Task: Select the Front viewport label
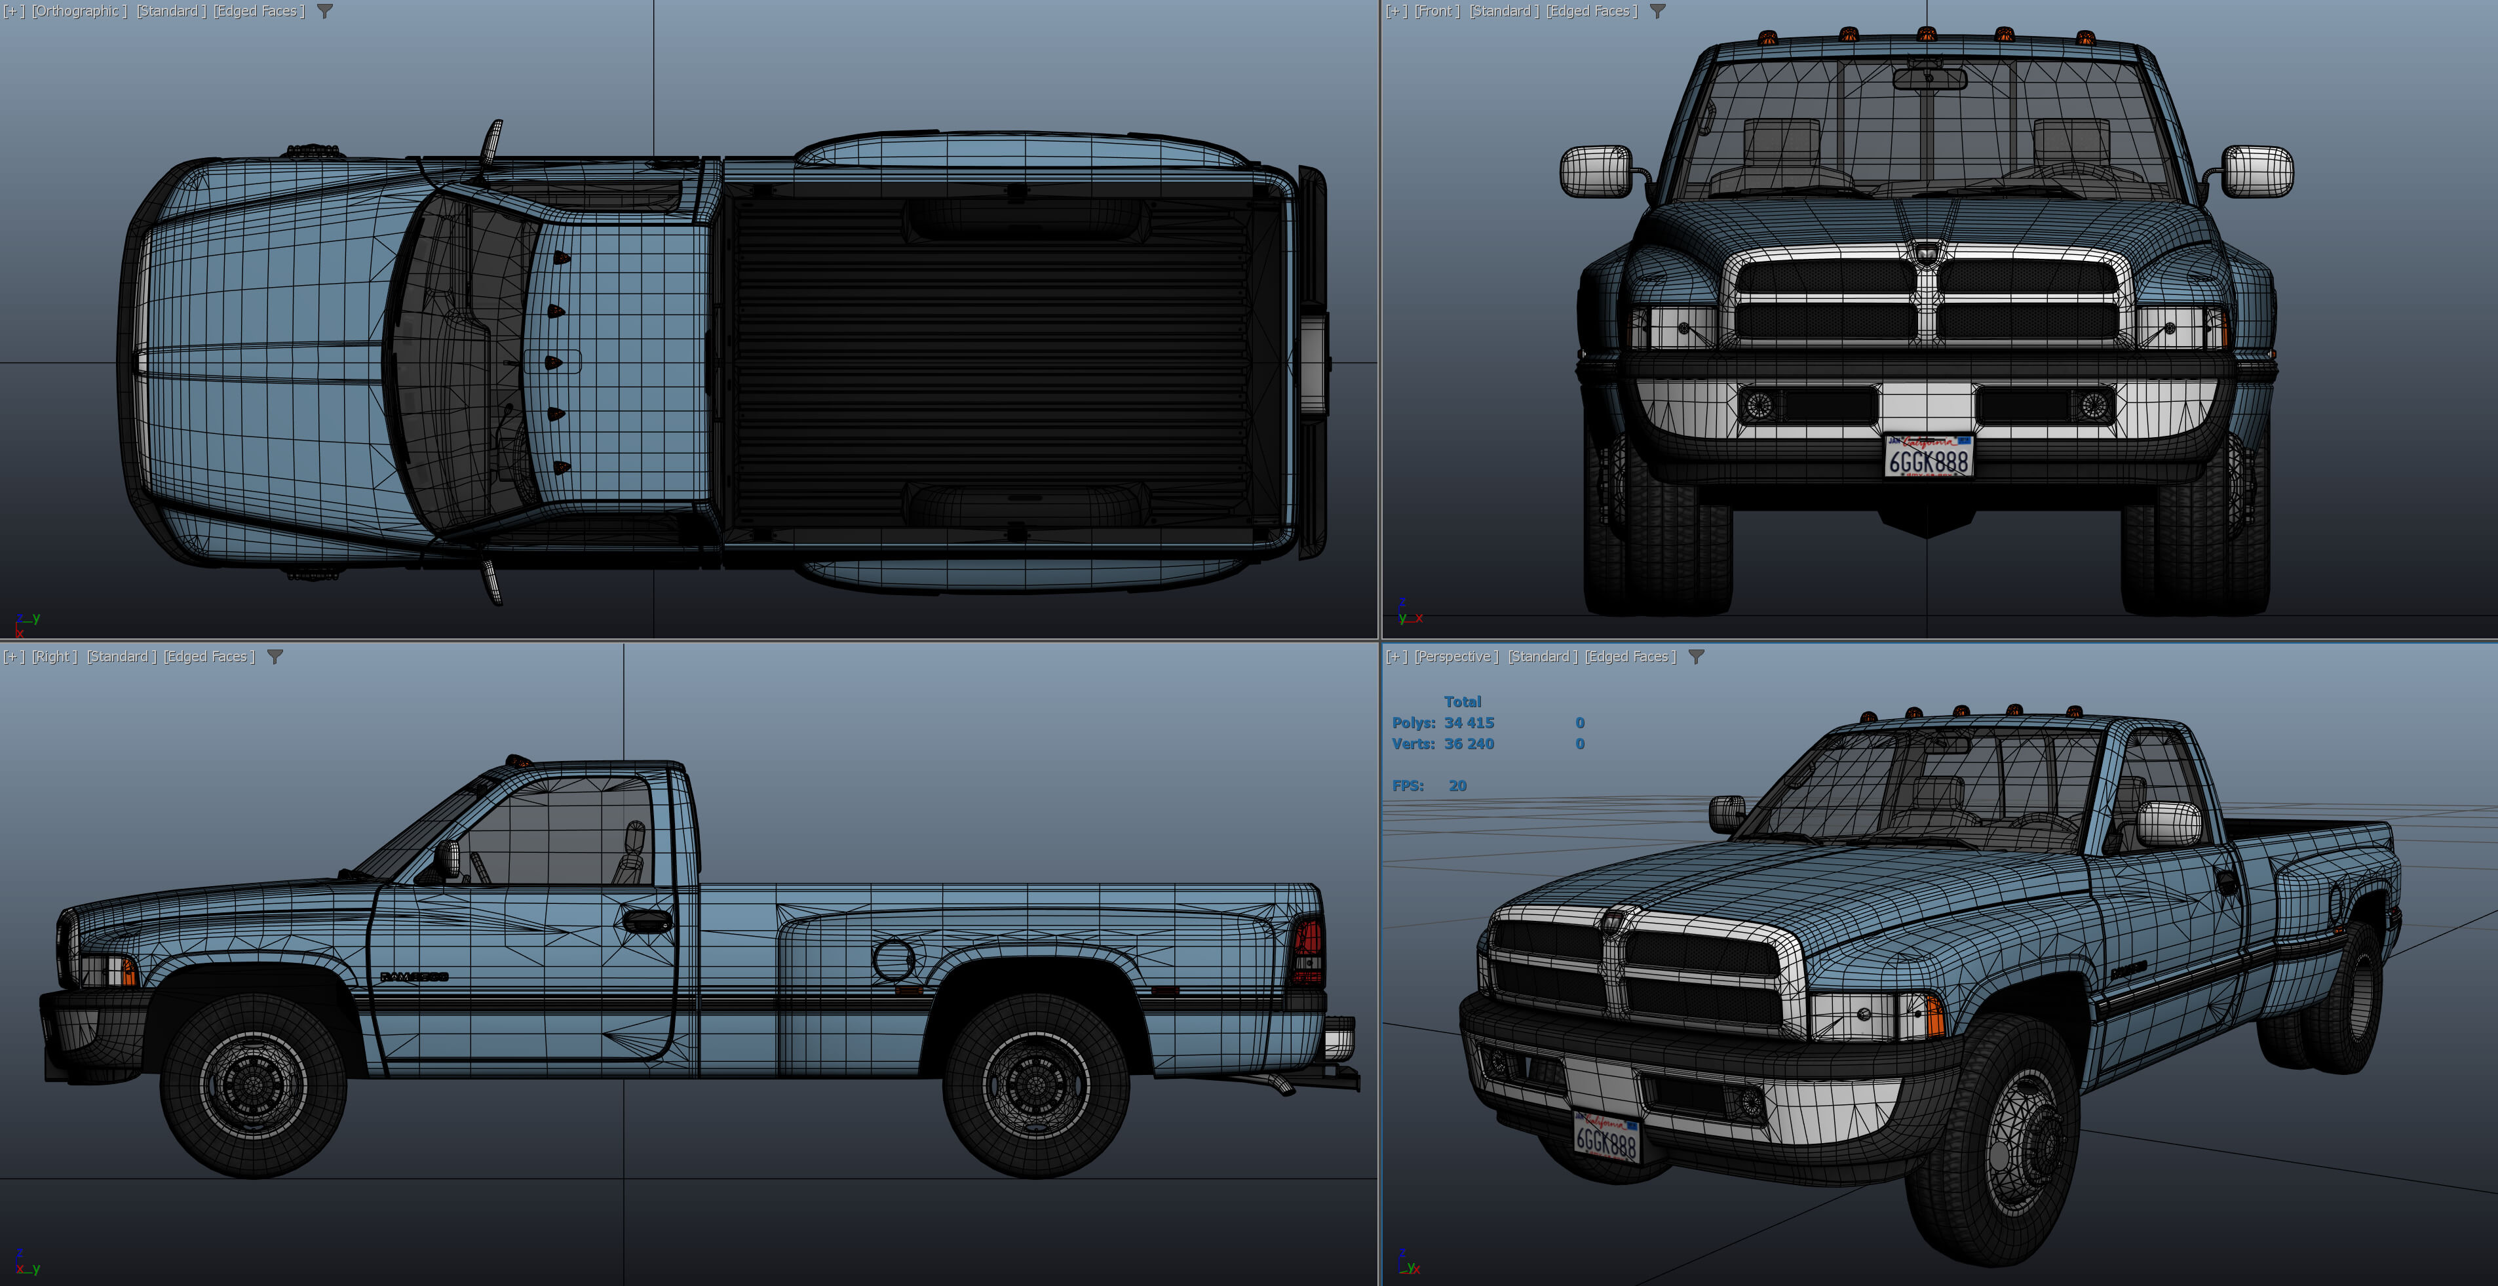tap(1436, 10)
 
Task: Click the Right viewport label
tap(54, 657)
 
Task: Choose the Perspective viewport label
tap(1455, 657)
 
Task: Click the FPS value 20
tap(1457, 786)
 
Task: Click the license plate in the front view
tap(1928, 456)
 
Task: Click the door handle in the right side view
tap(647, 920)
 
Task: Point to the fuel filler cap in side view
tap(893, 958)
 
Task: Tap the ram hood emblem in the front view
tap(1927, 252)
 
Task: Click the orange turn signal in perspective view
tap(1932, 1013)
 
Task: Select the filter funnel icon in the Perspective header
tap(1696, 657)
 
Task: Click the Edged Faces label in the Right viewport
tap(208, 657)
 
